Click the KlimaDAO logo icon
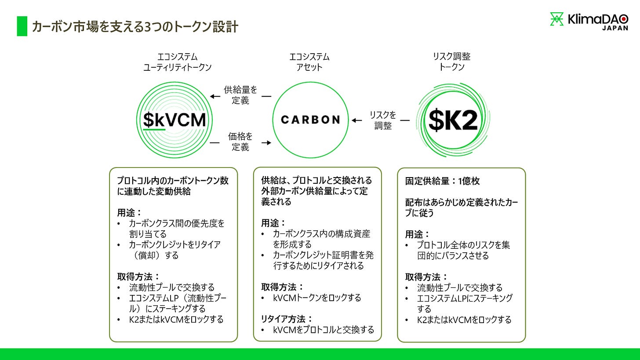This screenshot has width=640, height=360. point(557,19)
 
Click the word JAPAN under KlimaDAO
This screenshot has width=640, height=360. point(615,28)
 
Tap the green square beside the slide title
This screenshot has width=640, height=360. point(22,26)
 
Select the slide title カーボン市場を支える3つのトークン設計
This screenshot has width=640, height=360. point(135,27)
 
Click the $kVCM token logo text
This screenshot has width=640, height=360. point(175,120)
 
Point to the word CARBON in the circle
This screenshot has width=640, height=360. point(310,120)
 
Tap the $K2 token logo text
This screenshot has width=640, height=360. point(453,120)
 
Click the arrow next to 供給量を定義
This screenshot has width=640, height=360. point(215,96)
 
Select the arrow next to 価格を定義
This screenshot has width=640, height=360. point(266,142)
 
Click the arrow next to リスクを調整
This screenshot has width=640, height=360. point(356,120)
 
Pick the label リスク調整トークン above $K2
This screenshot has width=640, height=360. point(452,62)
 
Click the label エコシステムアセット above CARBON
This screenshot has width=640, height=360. point(309,62)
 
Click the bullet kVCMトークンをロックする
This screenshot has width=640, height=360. point(316,298)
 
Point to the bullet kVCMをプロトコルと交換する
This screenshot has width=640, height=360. point(323,329)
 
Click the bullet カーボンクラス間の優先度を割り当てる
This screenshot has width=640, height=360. point(176,229)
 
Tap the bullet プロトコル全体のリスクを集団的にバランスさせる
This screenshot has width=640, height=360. point(463,250)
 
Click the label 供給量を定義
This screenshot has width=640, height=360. point(240,95)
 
